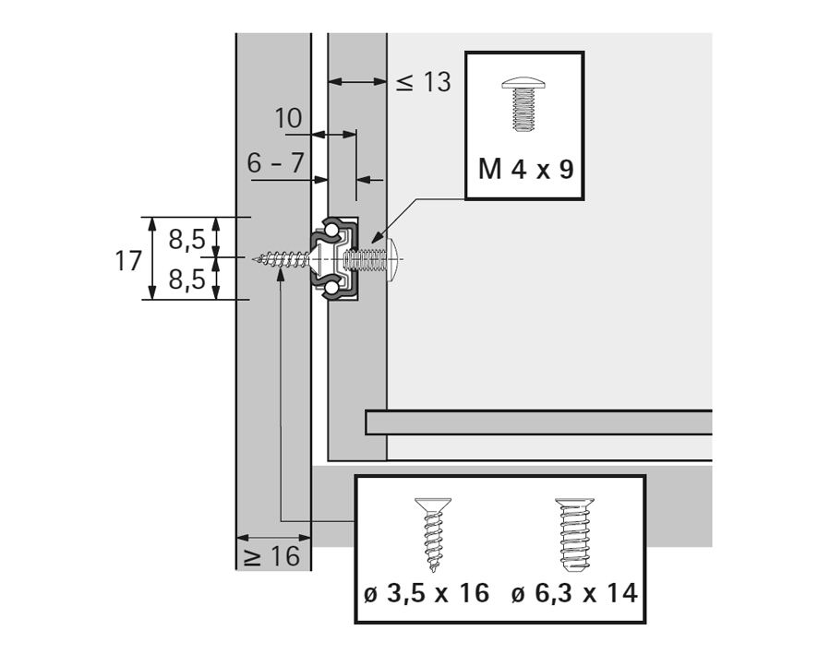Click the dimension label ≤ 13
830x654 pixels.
coord(424,82)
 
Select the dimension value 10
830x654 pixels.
coord(288,119)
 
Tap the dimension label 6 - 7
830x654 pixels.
coord(275,163)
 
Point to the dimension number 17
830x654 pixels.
coord(128,260)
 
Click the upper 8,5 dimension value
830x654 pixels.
coord(186,239)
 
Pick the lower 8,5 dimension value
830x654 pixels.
coord(186,279)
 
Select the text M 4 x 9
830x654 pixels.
coord(525,169)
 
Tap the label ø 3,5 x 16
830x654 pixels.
coord(426,593)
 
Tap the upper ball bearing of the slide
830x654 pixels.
coord(330,227)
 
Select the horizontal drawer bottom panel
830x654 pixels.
coord(538,422)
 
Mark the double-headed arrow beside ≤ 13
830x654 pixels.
coord(357,82)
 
